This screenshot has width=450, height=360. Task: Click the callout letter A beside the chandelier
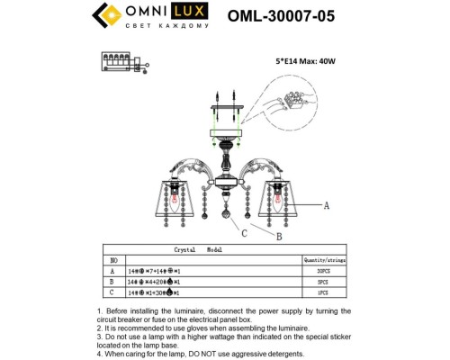tap(327, 205)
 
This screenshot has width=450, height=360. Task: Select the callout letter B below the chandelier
tap(277, 237)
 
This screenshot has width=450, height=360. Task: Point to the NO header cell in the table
tap(112, 258)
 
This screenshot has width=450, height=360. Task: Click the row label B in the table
tap(112, 281)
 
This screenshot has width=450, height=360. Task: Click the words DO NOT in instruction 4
tap(210, 353)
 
